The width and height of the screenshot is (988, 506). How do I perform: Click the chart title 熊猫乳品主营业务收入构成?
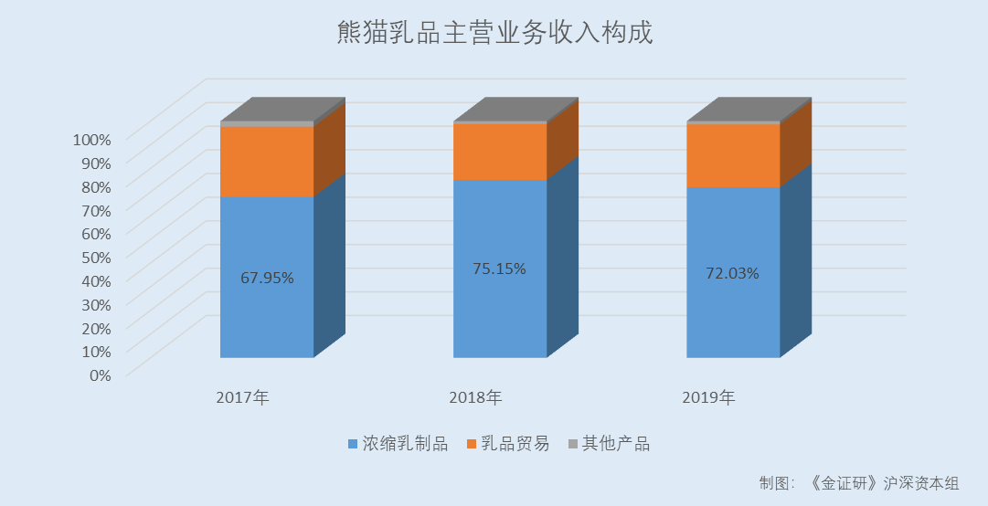(x=494, y=35)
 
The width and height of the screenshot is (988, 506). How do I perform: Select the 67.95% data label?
(x=267, y=278)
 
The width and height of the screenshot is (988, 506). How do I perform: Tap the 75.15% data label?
(x=499, y=269)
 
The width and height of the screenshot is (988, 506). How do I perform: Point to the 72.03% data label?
(x=732, y=272)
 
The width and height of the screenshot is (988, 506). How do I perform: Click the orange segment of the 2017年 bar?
(x=267, y=162)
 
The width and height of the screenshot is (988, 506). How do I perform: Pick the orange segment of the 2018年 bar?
(x=500, y=152)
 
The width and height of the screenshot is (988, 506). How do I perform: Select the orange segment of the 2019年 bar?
(x=733, y=155)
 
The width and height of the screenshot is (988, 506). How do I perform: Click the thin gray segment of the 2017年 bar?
(x=267, y=123)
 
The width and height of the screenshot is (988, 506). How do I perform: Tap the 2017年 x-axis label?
(x=242, y=397)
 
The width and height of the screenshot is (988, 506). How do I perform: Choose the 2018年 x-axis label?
(x=475, y=397)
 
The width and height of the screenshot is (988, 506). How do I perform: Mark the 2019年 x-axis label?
(x=708, y=397)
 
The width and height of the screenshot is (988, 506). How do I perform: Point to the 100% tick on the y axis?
(x=91, y=140)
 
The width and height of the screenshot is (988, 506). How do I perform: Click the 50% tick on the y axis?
(x=95, y=257)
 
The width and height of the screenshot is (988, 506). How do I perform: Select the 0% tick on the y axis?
(x=100, y=374)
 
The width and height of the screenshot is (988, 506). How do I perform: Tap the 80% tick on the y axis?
(x=95, y=186)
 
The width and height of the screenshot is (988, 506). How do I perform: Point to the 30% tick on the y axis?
(x=95, y=304)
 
